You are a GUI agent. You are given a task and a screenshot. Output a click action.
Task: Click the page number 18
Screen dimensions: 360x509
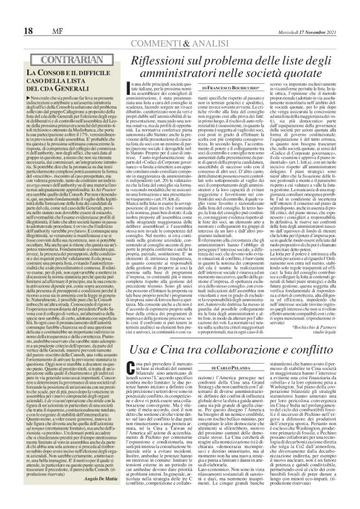(x=29, y=32)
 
